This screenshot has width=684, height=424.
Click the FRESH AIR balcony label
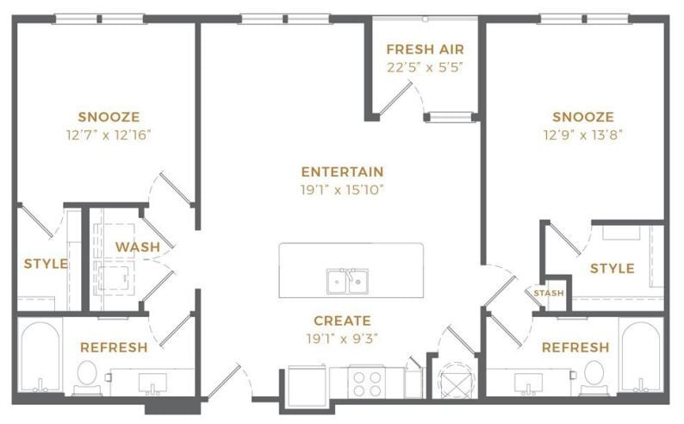coord(426,49)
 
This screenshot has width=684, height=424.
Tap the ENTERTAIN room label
coord(342,171)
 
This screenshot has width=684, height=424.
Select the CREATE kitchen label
coord(342,320)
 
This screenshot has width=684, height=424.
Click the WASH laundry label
coord(138,247)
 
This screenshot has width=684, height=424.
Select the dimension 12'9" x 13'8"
coord(583,134)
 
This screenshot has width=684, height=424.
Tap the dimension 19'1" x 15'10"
coord(342,189)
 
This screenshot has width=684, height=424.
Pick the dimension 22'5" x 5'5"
coord(426,67)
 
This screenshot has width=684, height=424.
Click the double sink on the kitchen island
coord(348,281)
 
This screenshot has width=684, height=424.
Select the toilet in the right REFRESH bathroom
coord(594,375)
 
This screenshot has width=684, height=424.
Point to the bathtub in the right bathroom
coord(641,359)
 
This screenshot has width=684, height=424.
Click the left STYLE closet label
coord(45,264)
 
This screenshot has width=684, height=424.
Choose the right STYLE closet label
coord(612,269)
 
